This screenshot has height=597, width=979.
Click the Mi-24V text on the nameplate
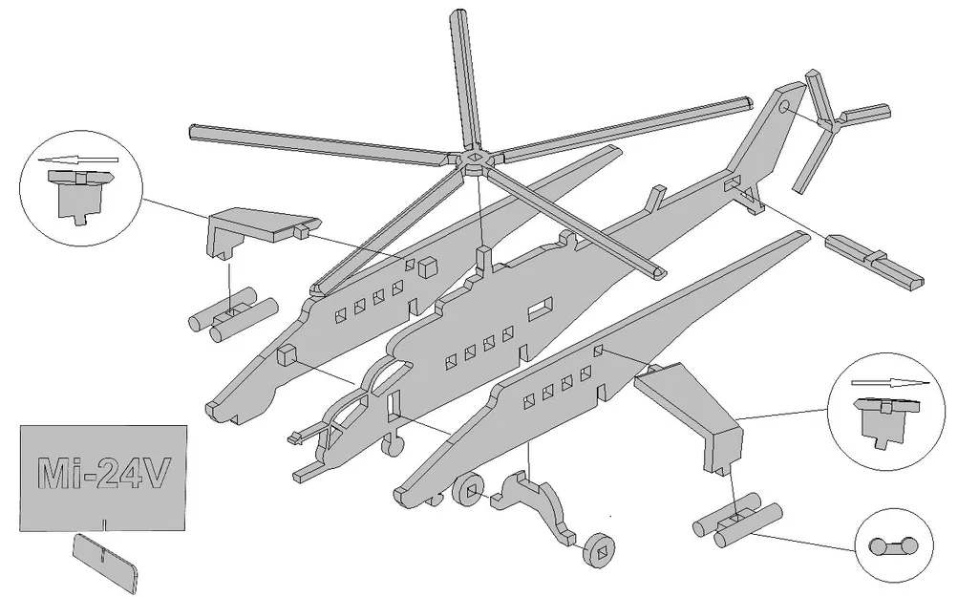pos(105,473)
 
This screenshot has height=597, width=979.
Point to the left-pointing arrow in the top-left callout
pos(82,160)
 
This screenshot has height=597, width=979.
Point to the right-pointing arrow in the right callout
pos(889,382)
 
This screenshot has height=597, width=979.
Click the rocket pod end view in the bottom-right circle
pos(893,546)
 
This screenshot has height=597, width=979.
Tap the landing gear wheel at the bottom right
pos(599,550)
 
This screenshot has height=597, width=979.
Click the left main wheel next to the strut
pos(468,491)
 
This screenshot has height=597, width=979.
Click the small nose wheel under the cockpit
pos(390,445)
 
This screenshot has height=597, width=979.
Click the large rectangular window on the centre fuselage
pos(540,307)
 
